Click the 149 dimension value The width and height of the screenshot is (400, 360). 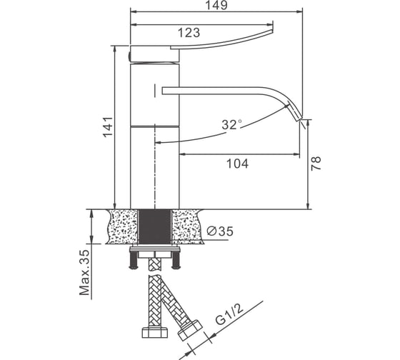coord(216,5)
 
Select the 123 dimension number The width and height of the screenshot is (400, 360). coord(189,33)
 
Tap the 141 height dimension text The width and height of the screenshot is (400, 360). coord(108,127)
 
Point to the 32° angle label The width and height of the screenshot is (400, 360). coord(231,125)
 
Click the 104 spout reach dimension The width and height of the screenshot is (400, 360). coord(237,164)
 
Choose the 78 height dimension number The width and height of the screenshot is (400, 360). coord(316,164)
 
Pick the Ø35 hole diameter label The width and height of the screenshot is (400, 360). coord(220,231)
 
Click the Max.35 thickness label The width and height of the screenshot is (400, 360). coord(85,272)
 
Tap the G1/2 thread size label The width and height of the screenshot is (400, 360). coord(229,315)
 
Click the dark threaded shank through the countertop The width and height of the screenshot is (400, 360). coord(154,226)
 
